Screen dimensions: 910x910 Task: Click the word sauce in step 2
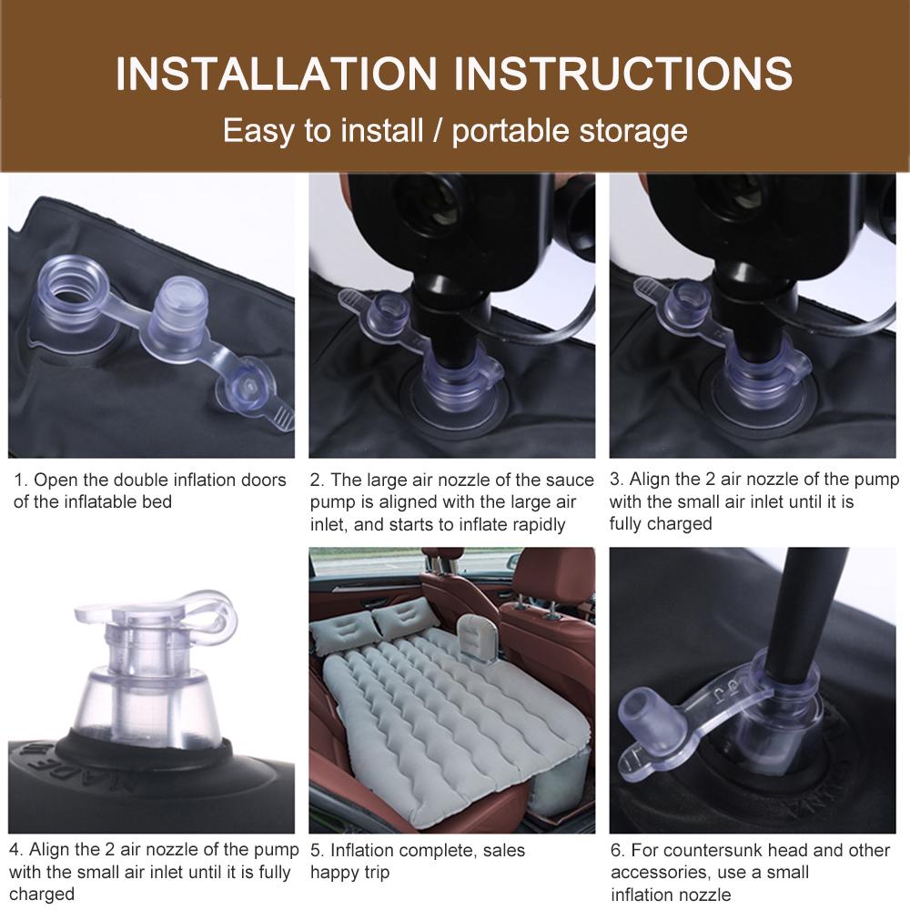(570, 480)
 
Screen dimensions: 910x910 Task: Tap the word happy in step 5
(332, 874)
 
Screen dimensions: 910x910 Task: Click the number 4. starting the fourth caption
(16, 850)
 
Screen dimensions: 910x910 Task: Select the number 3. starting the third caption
(616, 480)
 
